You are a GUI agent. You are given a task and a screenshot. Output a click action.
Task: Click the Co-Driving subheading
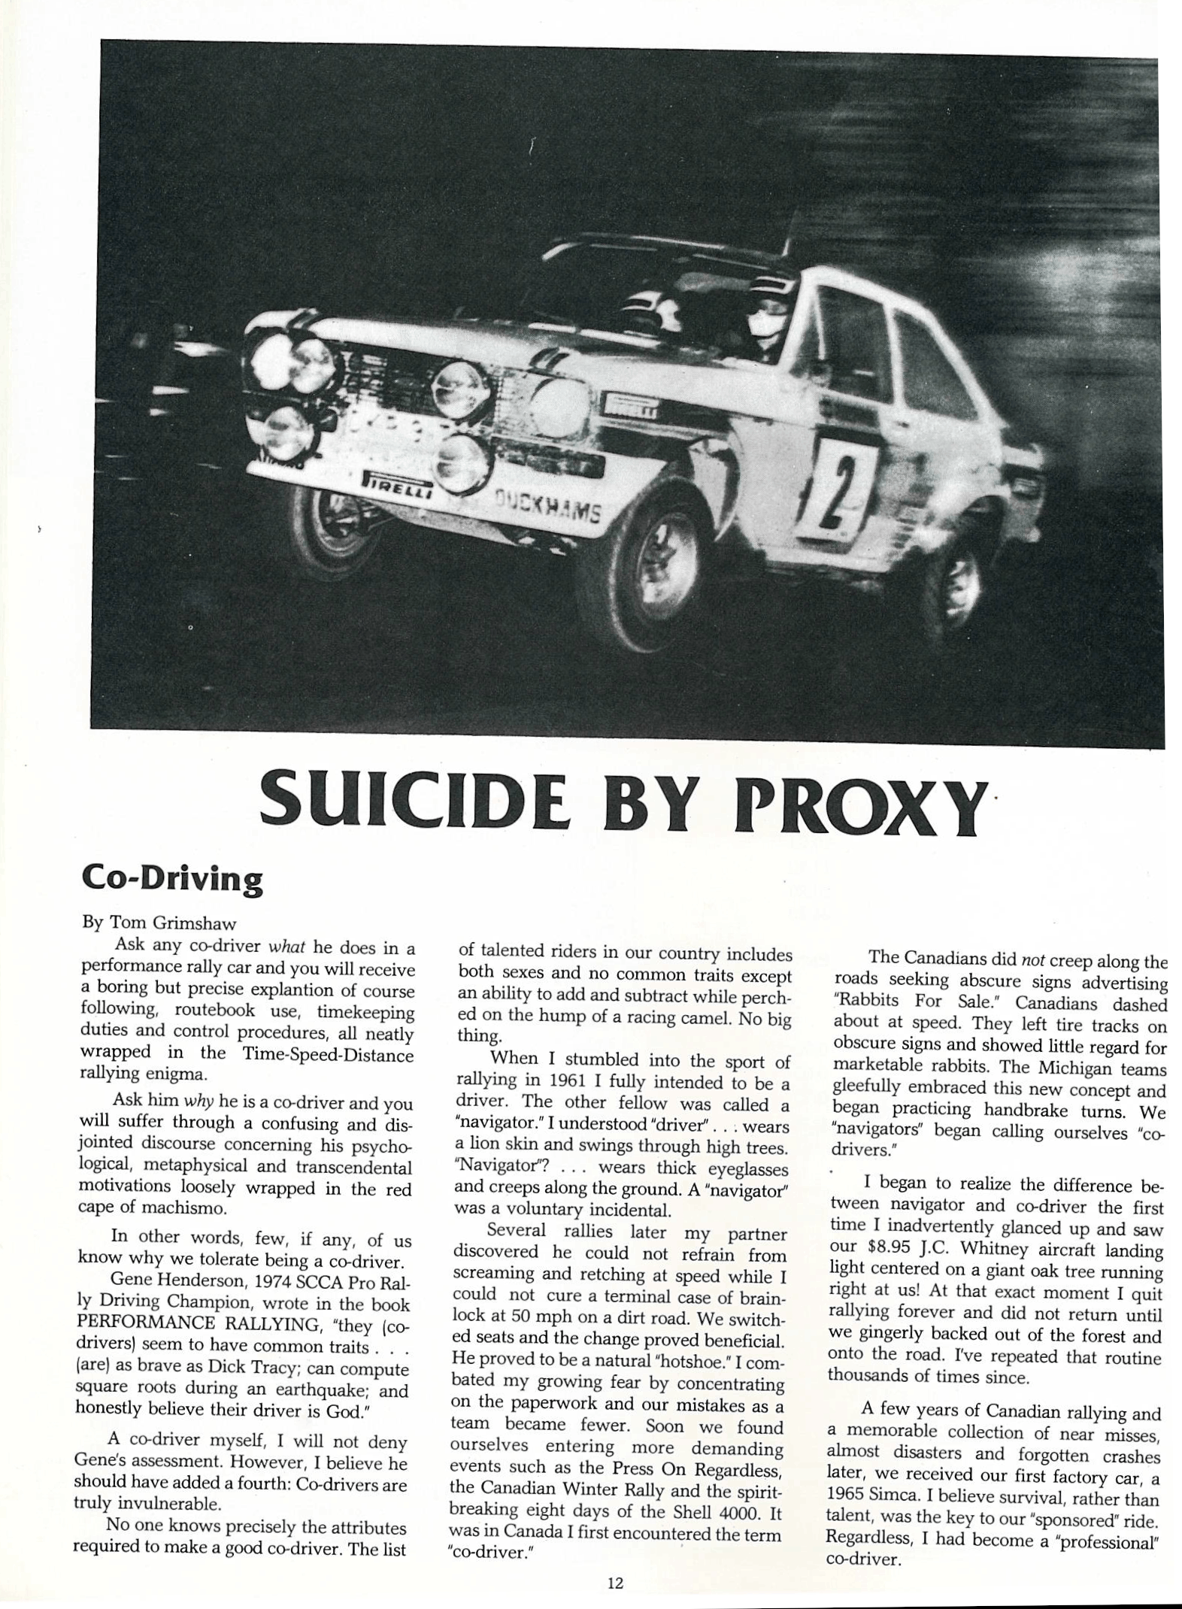click(x=172, y=877)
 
